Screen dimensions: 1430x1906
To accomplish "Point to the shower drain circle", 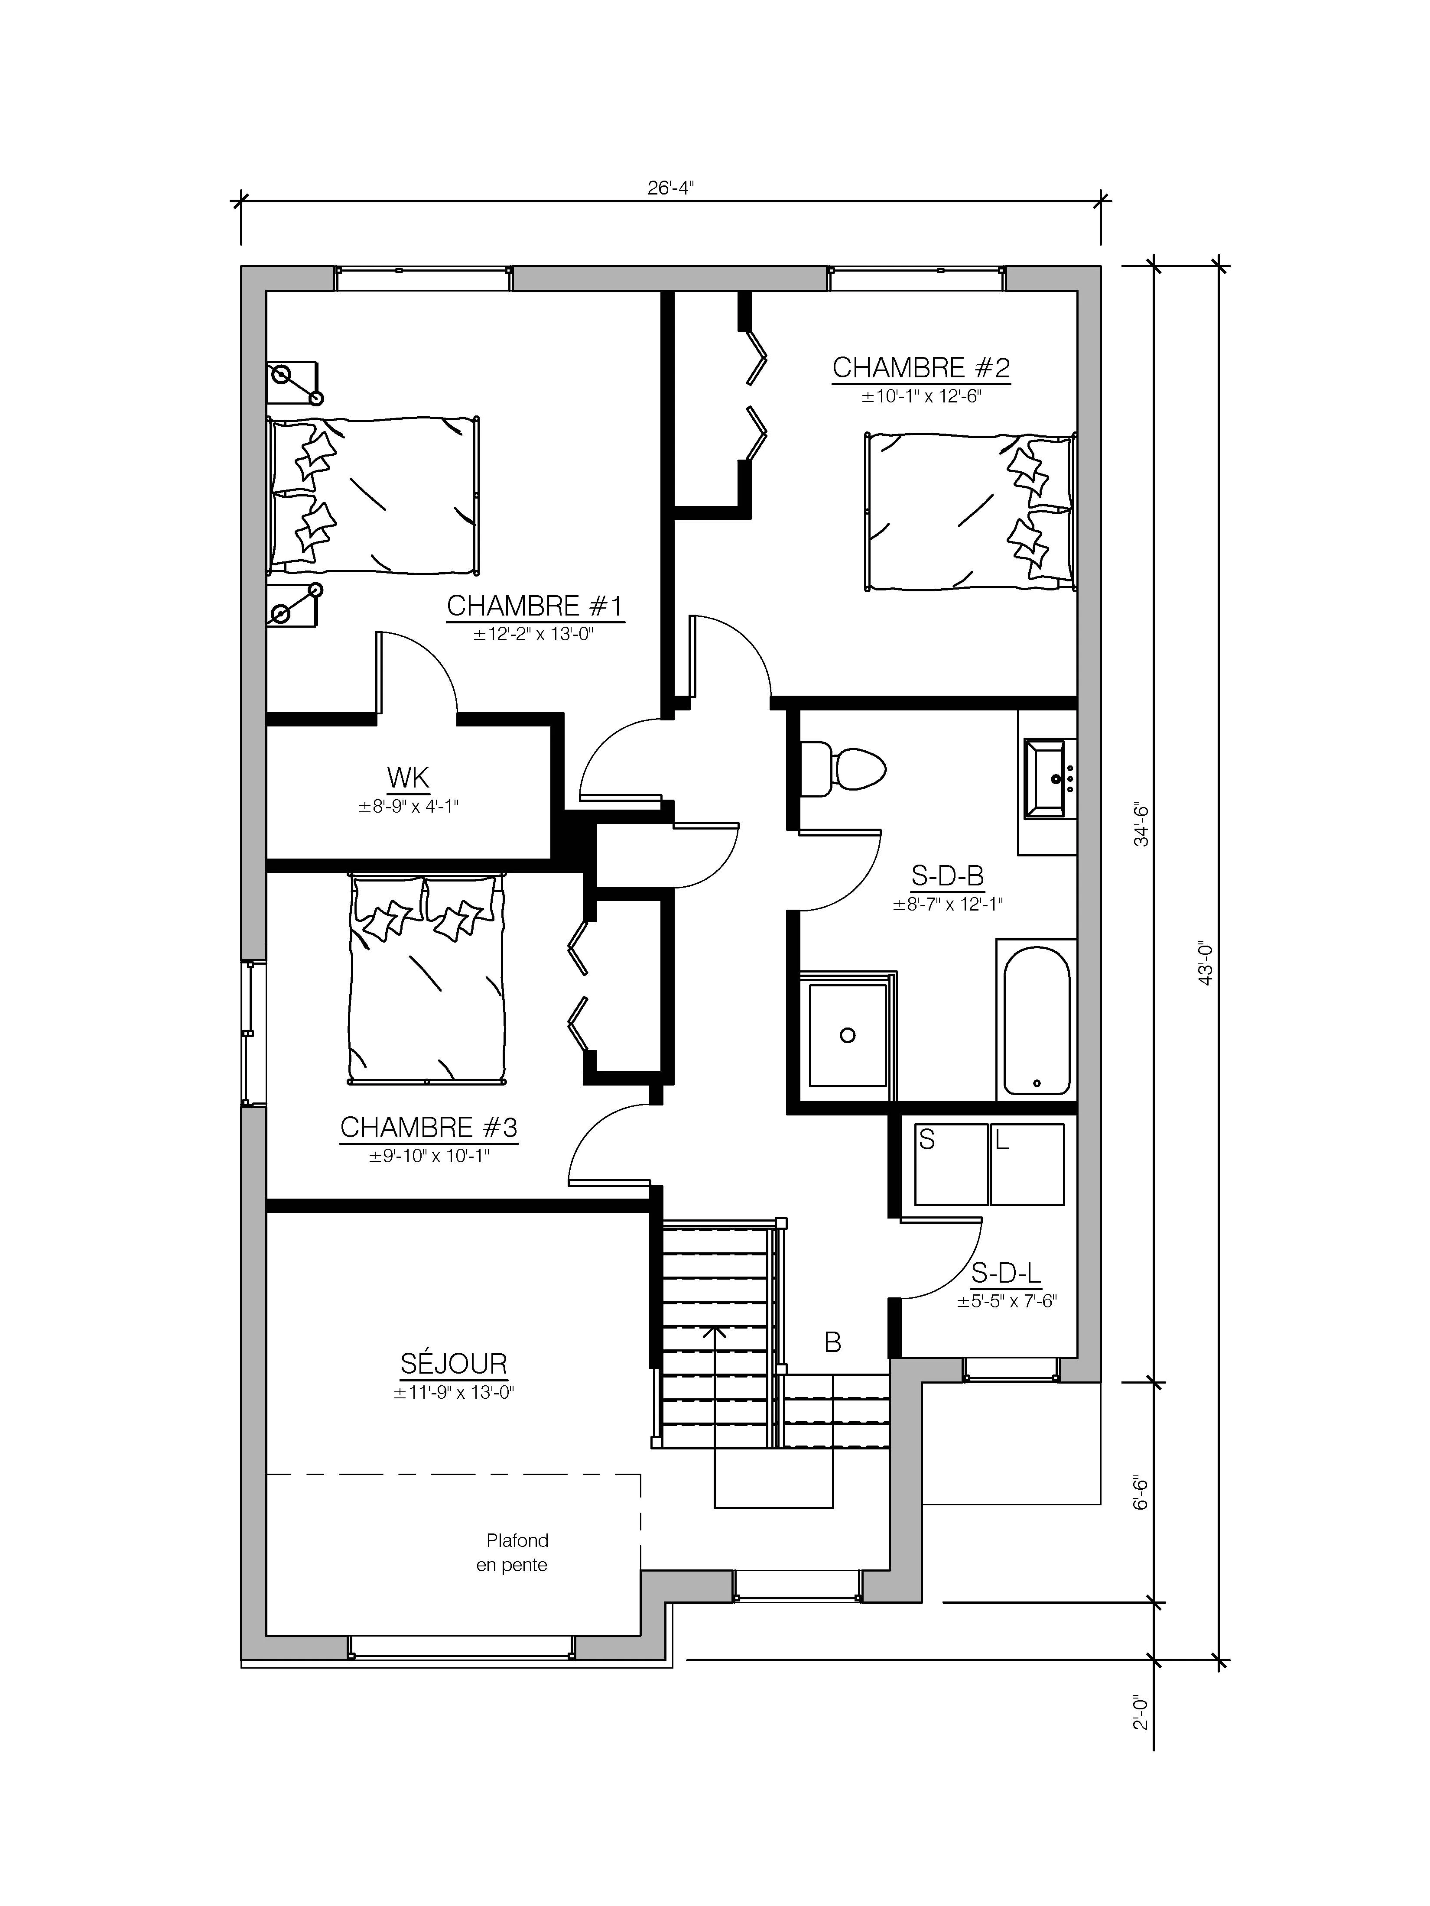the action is coord(847,1035).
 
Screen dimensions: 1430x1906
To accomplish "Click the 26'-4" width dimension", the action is coord(671,187).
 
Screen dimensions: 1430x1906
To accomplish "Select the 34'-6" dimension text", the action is coord(1141,825).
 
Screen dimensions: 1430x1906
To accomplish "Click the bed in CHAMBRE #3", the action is coord(426,979).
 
